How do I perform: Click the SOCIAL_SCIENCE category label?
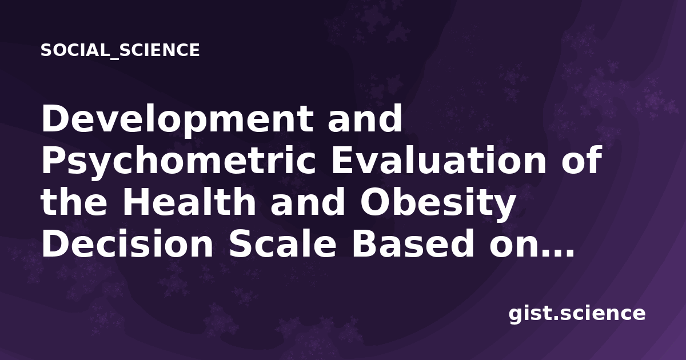pos(120,50)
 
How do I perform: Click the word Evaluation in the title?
pos(439,160)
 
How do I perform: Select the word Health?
pos(189,202)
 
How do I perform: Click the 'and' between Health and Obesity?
pos(308,202)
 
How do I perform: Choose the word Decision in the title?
pos(127,243)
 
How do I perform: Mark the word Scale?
pos(282,243)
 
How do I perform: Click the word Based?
pos(413,243)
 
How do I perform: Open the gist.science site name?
pos(577,314)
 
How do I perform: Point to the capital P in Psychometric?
pos(54,160)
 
